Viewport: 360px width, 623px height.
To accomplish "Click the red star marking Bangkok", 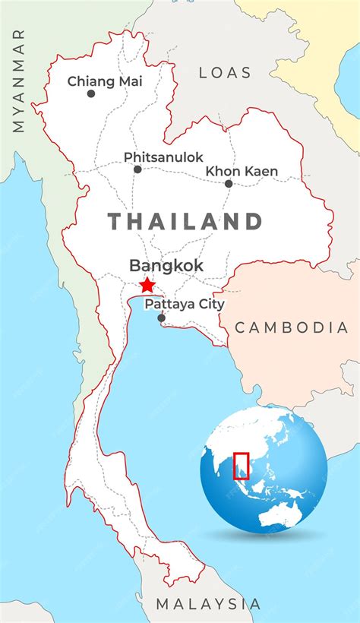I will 147,286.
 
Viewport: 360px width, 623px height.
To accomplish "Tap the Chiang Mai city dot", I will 91,93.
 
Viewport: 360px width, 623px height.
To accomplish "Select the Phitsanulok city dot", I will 137,169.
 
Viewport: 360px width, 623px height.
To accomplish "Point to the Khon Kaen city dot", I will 229,183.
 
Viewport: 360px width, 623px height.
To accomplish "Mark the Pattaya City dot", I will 161,318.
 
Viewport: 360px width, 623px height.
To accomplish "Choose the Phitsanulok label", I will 163,157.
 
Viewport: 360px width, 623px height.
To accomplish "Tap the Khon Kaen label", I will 242,171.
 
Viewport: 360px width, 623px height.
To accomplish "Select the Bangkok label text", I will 166,265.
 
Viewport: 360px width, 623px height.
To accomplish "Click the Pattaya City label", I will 185,304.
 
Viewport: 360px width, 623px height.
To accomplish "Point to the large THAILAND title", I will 185,221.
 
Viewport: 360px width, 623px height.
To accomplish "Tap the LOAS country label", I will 225,73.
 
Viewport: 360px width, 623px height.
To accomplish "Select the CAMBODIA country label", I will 291,327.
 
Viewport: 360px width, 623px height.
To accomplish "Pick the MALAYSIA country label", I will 208,604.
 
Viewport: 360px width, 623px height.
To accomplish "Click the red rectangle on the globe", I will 241,466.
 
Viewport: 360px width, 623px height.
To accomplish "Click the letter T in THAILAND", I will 115,221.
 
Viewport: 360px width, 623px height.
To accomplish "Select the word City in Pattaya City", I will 210,304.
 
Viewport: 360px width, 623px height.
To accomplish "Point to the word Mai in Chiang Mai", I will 128,81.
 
